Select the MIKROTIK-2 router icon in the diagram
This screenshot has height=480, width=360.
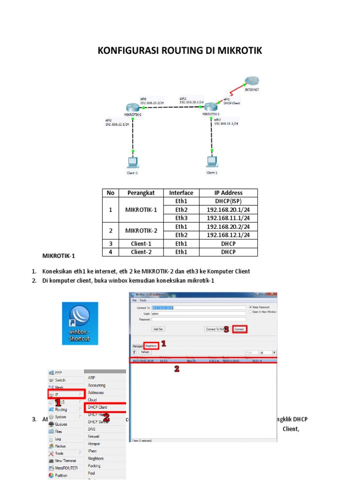click(133, 108)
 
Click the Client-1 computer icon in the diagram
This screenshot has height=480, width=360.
click(212, 162)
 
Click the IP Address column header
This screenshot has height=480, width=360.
click(228, 193)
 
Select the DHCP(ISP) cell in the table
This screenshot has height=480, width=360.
click(228, 201)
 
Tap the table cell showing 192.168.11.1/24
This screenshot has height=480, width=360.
click(228, 218)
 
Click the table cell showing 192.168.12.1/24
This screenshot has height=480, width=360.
click(228, 235)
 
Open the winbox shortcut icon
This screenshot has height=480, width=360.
click(80, 323)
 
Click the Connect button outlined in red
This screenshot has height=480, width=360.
click(240, 330)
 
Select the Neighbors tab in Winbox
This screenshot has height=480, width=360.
click(151, 345)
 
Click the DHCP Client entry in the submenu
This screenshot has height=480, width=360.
click(97, 407)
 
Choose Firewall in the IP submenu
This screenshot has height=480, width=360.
click(94, 436)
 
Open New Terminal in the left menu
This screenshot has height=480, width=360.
click(66, 461)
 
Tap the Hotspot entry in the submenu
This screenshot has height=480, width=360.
click(94, 443)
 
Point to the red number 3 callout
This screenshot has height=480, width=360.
click(226, 330)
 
